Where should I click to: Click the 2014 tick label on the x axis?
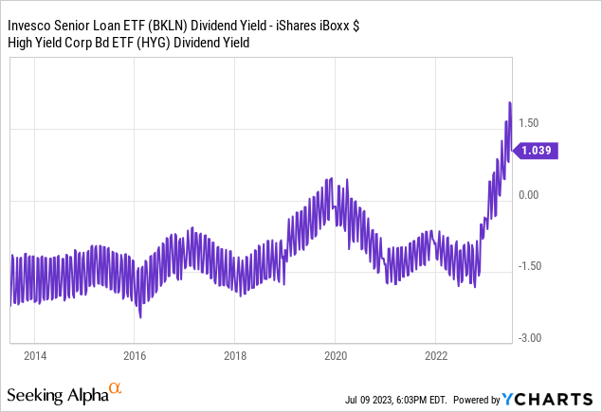pyautogui.click(x=34, y=356)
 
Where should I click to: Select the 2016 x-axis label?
pyautogui.click(x=135, y=356)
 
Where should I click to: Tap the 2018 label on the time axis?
pyautogui.click(x=235, y=356)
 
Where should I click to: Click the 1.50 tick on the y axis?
pyautogui.click(x=529, y=123)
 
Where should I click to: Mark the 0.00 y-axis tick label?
pyautogui.click(x=529, y=195)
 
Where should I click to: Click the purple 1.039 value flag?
pyautogui.click(x=537, y=150)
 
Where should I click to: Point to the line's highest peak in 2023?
pyautogui.click(x=510, y=102)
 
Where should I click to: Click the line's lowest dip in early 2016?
pyautogui.click(x=139, y=316)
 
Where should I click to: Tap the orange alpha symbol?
pyautogui.click(x=116, y=389)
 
